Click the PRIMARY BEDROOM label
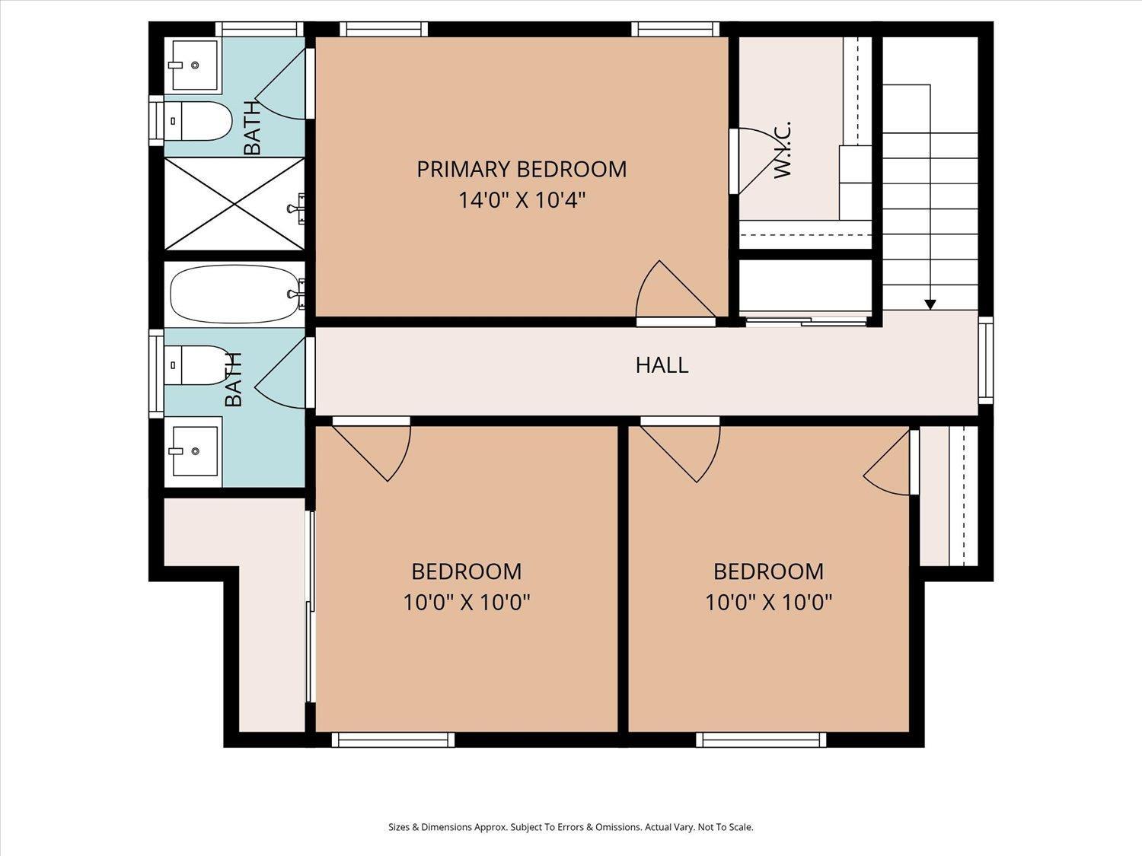point(522,170)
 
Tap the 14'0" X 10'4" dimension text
point(522,200)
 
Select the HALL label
point(662,365)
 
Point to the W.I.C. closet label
point(782,150)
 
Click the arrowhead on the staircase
point(930,304)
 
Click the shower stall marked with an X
point(234,204)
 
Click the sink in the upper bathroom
point(193,65)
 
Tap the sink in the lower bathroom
point(193,451)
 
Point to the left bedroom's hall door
point(371,449)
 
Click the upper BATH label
point(252,128)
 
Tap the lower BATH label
point(234,380)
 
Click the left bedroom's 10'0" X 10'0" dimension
point(467,603)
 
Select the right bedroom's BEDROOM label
point(768,571)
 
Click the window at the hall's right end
point(986,360)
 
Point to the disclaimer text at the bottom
point(571,827)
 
